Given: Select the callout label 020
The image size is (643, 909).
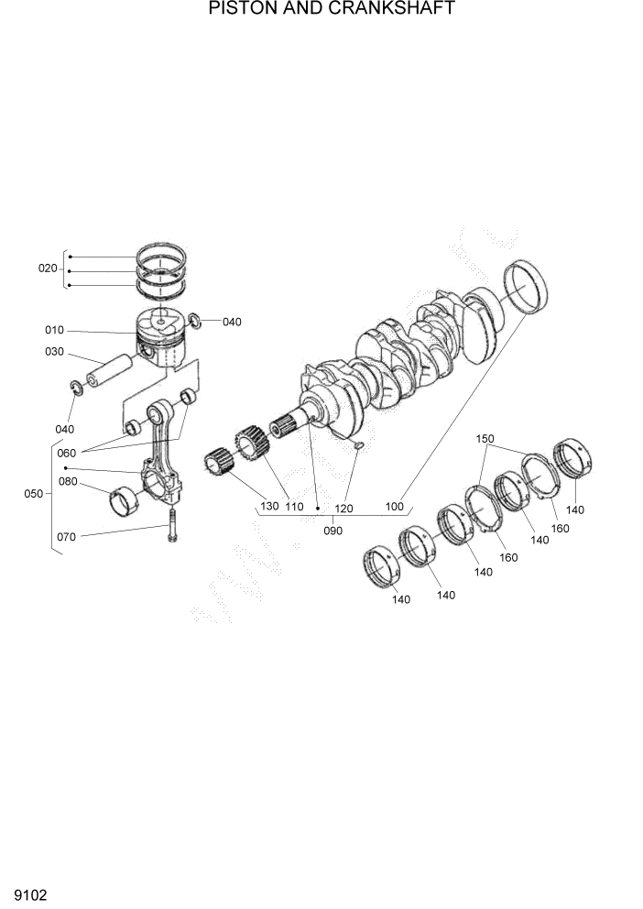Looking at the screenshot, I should point(48,268).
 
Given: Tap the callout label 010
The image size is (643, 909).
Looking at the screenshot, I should point(55,330).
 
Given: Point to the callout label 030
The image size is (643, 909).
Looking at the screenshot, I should point(55,352).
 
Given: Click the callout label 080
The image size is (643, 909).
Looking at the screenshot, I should point(68,481).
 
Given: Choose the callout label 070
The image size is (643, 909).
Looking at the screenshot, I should point(67,537).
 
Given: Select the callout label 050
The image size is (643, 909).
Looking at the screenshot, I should point(33,494).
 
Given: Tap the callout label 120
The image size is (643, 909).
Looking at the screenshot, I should point(343,508).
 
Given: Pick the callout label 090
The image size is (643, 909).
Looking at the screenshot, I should point(333,531).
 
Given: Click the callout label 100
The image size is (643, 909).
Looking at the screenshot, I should point(394,506).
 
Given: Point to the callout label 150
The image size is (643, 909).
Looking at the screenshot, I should point(485,439).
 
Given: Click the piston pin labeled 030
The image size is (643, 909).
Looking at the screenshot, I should point(109,371).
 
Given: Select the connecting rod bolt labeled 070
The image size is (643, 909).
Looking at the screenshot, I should point(171,528).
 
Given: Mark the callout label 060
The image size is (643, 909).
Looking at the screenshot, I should point(67,453).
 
